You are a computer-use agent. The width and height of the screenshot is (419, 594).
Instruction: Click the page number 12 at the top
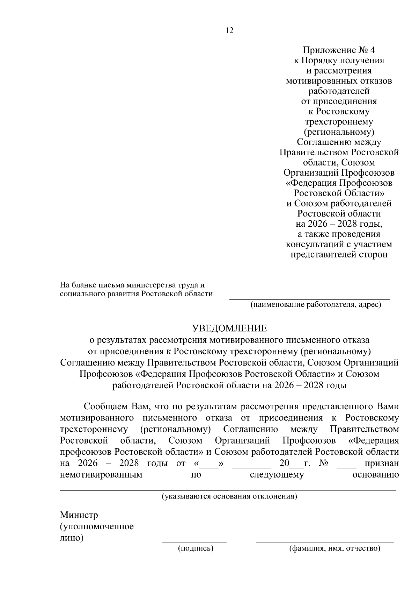229,30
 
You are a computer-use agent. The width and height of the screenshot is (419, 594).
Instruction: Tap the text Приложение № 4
339,50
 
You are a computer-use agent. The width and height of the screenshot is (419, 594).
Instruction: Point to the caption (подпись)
196,548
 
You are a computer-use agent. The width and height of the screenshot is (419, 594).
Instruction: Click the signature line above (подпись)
194,542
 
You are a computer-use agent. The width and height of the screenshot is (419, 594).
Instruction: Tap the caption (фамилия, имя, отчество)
335,548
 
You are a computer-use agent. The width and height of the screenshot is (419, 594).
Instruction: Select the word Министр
79,515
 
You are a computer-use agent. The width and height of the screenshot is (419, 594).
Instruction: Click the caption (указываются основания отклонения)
229,496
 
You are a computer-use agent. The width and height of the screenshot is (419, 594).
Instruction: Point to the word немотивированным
101,475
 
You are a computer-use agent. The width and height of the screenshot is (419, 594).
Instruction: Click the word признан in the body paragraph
382,464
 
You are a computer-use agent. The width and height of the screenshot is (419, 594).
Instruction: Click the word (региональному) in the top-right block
339,132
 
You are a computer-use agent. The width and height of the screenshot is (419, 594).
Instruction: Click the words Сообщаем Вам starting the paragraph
116,407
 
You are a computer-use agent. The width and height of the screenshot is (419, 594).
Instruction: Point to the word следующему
277,475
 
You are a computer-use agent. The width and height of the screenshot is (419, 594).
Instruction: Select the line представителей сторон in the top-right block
339,254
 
